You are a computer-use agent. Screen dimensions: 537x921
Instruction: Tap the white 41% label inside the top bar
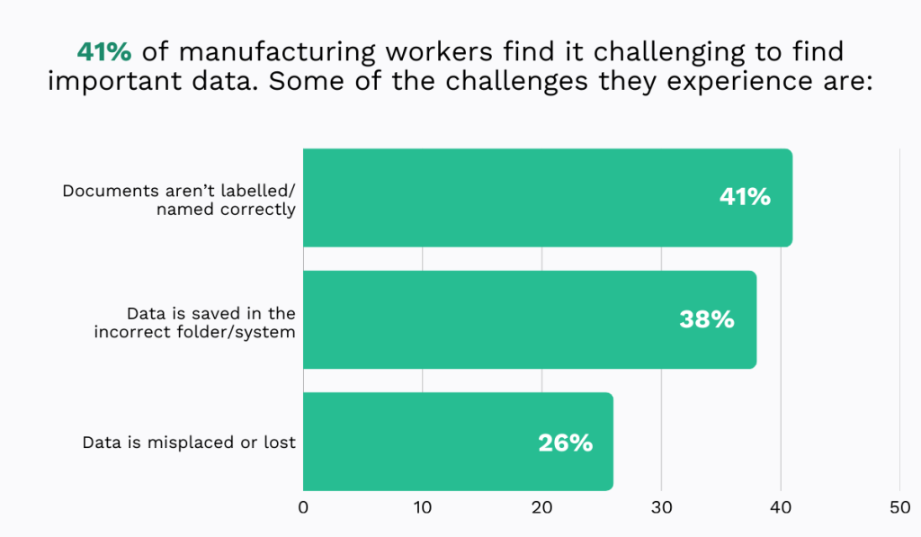(x=745, y=198)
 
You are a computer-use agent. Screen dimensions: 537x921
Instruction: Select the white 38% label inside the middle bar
(x=707, y=319)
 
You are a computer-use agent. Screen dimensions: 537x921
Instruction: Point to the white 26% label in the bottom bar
(x=565, y=443)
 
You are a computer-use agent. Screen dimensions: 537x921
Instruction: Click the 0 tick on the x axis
(x=303, y=507)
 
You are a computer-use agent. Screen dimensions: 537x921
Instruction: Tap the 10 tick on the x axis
(x=423, y=507)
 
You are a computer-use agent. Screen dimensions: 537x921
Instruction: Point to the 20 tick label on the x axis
(x=541, y=507)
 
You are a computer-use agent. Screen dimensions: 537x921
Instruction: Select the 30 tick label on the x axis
(x=661, y=507)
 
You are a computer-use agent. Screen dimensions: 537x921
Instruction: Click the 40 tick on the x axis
(x=781, y=507)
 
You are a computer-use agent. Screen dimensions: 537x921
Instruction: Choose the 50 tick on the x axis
(x=899, y=507)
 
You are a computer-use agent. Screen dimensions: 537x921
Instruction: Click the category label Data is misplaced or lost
(x=189, y=443)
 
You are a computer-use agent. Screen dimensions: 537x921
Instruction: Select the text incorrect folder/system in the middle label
(x=195, y=331)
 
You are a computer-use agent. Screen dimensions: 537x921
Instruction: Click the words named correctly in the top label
(x=226, y=210)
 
